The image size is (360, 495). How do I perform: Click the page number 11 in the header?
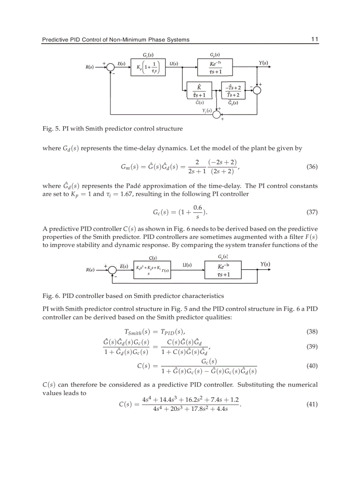point(315,39)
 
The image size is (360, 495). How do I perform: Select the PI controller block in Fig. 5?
point(148,68)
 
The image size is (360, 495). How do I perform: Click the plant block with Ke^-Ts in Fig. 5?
point(215,68)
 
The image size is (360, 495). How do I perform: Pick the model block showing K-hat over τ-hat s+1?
point(199,91)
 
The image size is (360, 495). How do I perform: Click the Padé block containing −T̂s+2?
point(233,91)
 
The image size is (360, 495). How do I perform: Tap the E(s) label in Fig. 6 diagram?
point(124,266)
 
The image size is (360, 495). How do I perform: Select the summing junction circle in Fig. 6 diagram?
point(114,270)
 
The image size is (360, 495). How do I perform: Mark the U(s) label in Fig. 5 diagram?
point(173,63)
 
